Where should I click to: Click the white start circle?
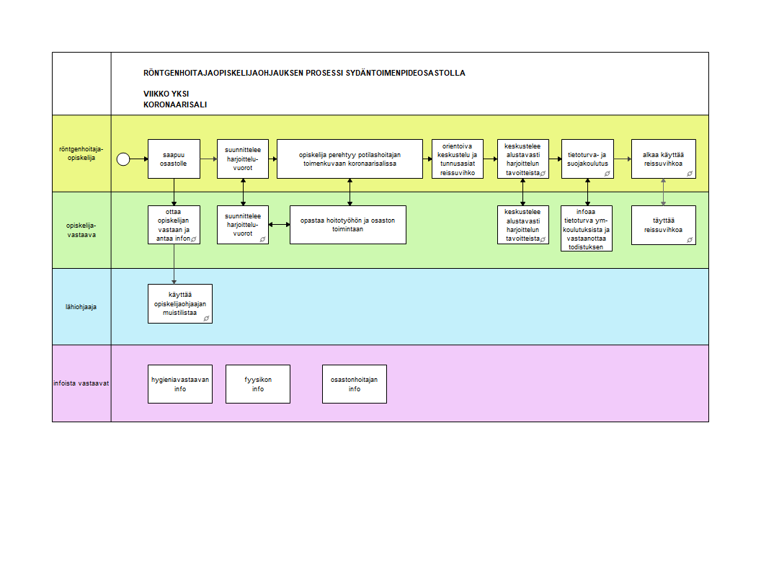123,159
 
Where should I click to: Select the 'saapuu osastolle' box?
174,159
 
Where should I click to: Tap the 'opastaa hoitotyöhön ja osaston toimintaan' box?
348,225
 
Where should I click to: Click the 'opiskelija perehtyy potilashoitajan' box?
350,159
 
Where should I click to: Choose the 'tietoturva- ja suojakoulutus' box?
587,159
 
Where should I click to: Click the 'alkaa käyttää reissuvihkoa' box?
663,159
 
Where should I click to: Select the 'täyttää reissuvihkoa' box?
663,225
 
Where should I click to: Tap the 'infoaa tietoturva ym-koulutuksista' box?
587,228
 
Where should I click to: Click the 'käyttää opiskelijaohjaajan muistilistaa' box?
180,303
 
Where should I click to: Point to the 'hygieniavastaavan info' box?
180,384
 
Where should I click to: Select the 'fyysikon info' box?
257,384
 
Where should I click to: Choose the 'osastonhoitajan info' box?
354,384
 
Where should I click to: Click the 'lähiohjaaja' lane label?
81,307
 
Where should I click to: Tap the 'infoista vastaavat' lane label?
81,383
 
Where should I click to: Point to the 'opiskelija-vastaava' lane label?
81,230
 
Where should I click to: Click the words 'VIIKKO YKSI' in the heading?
166,94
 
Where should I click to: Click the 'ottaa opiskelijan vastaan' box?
174,225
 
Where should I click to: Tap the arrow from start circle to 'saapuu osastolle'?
139,159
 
